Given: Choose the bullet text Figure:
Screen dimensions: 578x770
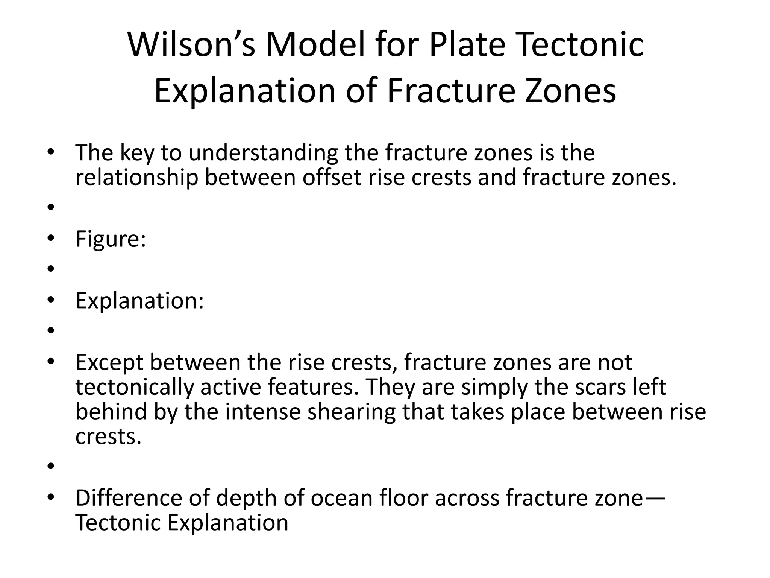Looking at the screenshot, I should tap(111, 239).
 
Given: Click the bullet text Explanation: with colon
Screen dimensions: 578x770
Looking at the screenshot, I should tap(139, 301).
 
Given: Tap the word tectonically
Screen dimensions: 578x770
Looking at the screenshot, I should tap(134, 387).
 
